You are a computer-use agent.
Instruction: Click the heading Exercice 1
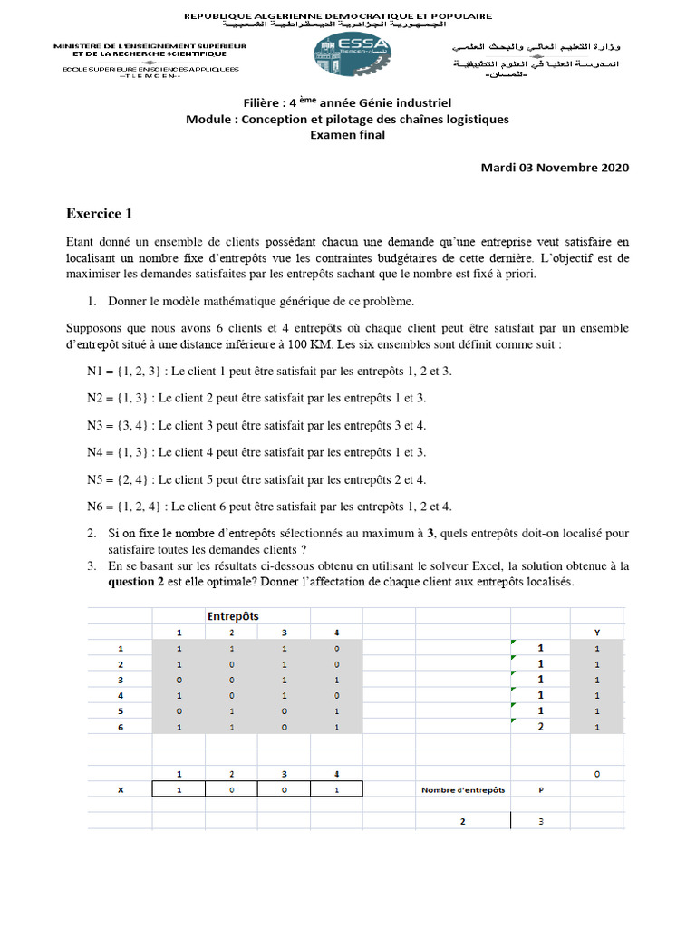[100, 214]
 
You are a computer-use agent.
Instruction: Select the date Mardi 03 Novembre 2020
[555, 167]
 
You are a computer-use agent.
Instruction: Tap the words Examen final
[347, 135]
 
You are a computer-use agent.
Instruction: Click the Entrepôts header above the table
[233, 616]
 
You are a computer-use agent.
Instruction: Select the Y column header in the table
[596, 632]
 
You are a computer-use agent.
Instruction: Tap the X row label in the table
[121, 789]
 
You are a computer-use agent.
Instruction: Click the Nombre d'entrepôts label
[463, 789]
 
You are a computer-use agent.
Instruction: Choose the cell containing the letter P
[541, 789]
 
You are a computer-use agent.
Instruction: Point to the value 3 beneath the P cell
[541, 821]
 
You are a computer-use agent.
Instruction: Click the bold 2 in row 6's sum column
[541, 726]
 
